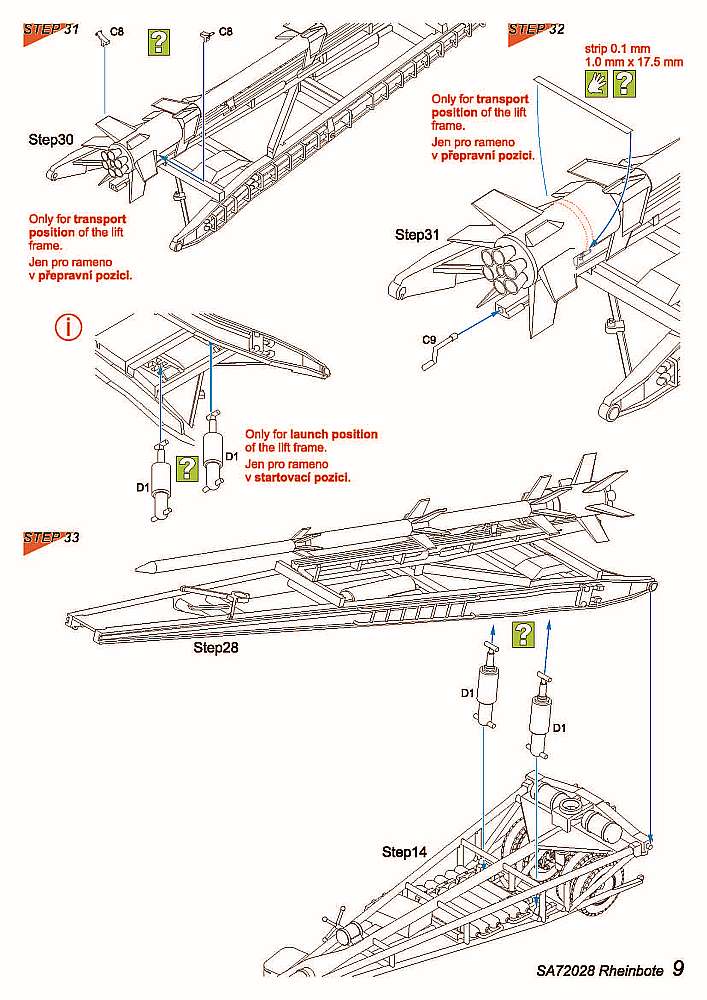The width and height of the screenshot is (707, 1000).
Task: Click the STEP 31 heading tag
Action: (x=50, y=29)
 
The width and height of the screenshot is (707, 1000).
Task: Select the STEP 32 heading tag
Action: (x=536, y=29)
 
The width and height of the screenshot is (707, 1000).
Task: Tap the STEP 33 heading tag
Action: (x=50, y=538)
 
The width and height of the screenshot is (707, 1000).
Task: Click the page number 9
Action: (x=679, y=969)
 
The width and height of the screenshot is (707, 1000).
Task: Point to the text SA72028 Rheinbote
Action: (x=598, y=971)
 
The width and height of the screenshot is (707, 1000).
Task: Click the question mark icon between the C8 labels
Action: (x=159, y=41)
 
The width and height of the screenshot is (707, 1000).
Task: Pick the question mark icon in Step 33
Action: (x=523, y=633)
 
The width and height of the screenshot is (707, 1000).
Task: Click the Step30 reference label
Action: (x=51, y=139)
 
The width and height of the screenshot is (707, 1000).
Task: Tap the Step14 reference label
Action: (x=404, y=852)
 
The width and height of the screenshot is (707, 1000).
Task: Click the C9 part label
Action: (x=428, y=339)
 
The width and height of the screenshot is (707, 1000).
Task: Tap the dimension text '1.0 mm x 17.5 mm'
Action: (x=634, y=61)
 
